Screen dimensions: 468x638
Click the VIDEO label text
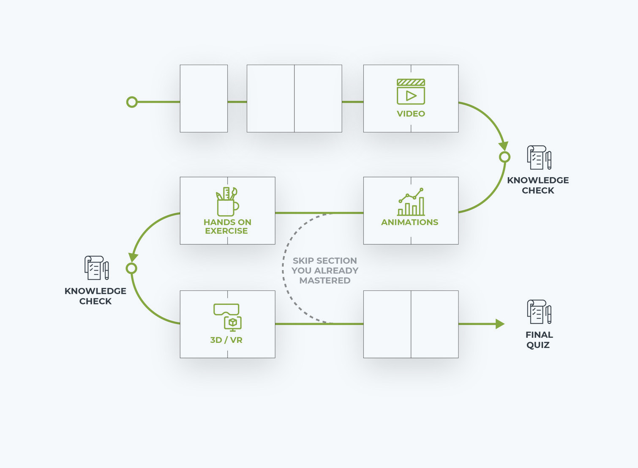pos(411,114)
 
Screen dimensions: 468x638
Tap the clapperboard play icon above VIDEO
pos(411,92)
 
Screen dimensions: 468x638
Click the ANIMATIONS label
pos(410,222)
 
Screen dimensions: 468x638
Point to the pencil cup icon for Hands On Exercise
pos(227,202)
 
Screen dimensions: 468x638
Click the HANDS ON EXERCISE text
pos(227,227)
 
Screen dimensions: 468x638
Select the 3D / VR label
pos(226,340)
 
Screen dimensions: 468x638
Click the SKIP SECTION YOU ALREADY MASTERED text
pos(325,271)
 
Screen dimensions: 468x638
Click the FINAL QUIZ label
pos(539,340)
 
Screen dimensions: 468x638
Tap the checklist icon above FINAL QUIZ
pos(539,312)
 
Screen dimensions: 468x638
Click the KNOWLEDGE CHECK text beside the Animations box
pos(538,185)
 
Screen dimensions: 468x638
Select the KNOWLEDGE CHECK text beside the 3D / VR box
pos(95,296)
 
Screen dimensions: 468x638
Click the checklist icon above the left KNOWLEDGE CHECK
pos(96,268)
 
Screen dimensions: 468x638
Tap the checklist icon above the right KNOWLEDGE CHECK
pos(539,158)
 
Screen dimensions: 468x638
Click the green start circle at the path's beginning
pos(132,102)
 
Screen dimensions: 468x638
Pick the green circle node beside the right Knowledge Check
pos(504,157)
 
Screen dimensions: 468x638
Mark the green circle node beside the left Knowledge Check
pos(131,268)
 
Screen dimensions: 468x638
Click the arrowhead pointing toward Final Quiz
pos(500,324)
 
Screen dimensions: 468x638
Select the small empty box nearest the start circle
pos(204,99)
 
